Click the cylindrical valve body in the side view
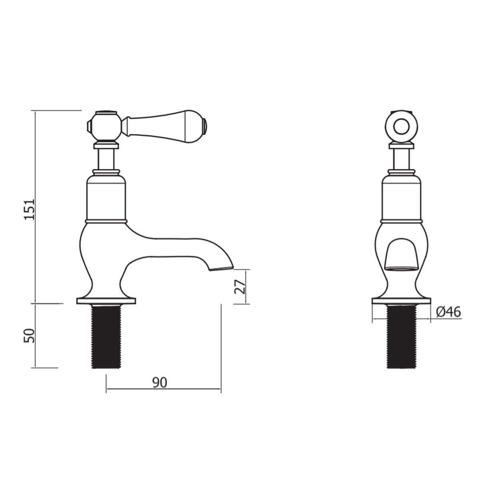coord(106,198)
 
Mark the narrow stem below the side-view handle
coord(106,159)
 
